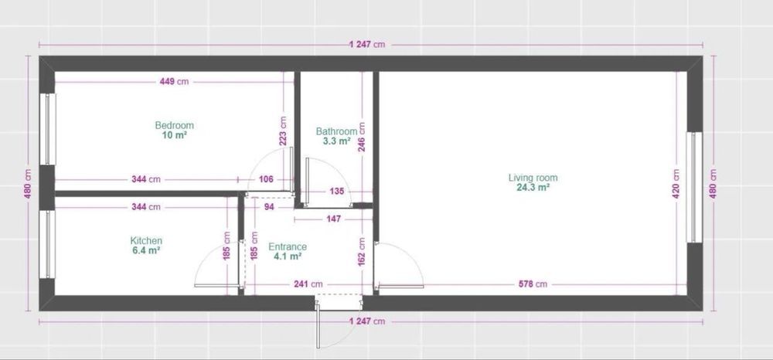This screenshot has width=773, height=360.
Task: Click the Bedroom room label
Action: click(174, 125)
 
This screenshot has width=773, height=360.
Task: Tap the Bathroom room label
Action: click(336, 131)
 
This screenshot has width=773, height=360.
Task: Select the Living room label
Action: click(533, 178)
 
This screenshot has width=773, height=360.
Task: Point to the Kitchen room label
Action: click(146, 241)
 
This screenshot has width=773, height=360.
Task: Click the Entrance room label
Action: click(288, 246)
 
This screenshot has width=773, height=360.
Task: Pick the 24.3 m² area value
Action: click(533, 188)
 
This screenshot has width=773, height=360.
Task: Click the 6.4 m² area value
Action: click(146, 250)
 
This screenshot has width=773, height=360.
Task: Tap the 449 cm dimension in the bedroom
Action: click(174, 82)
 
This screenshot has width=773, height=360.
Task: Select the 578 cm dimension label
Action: click(533, 284)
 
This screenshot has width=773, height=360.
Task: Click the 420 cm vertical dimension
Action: click(676, 184)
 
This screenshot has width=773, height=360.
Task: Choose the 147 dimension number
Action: click(334, 219)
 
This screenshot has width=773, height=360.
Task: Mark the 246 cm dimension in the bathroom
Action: click(361, 137)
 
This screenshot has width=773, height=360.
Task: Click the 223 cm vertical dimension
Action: click(283, 131)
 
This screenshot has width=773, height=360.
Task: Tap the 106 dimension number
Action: click(266, 179)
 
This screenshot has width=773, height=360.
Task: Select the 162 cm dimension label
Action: click(361, 253)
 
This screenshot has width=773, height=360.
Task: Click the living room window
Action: click(694, 187)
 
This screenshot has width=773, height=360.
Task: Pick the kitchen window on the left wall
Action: click(47, 245)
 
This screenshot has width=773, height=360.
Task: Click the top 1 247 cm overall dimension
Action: click(366, 44)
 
